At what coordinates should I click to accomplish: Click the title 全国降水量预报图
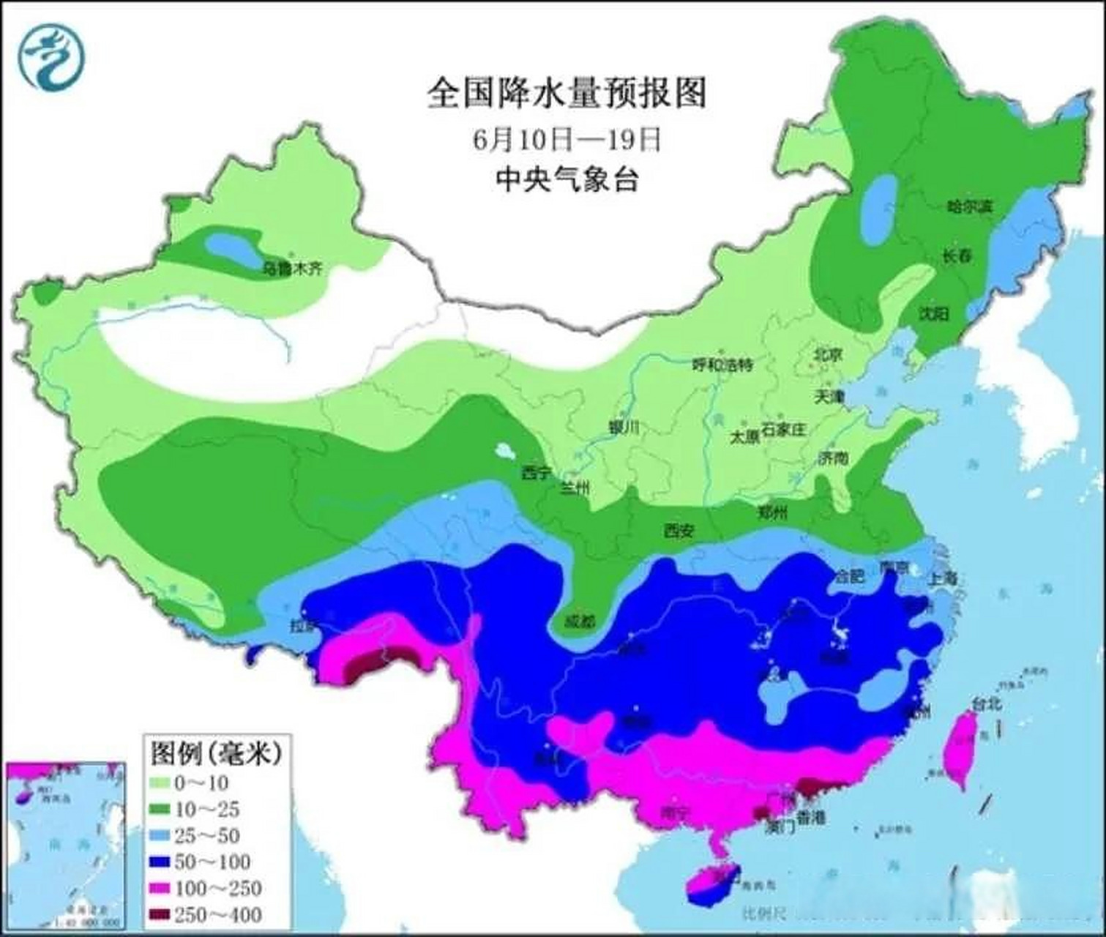pos(567,94)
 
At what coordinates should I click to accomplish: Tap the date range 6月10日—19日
pos(567,139)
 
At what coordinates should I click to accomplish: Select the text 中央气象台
pos(567,179)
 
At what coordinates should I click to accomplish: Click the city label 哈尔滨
pos(969,207)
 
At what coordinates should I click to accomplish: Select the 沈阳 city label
pos(934,314)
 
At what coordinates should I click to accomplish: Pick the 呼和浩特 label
pos(722,365)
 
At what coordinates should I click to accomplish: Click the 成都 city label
pos(579,622)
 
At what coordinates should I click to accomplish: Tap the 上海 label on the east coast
pos(941,578)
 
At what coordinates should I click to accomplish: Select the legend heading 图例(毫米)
pos(216,752)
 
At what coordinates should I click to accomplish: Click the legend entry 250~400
pos(218,914)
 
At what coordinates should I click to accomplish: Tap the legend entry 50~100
pos(212,862)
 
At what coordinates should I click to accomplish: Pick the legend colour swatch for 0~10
pos(160,783)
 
